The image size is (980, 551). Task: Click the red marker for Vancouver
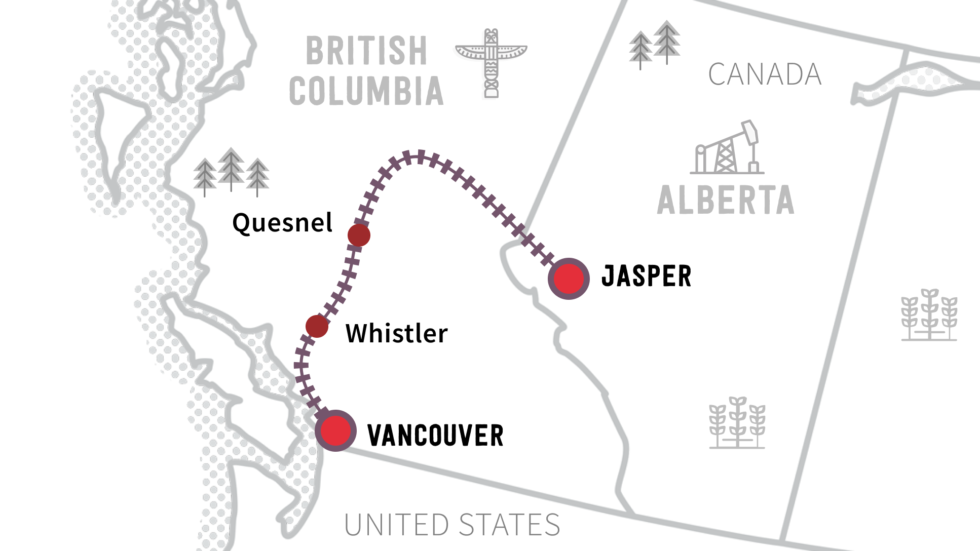pos(335,430)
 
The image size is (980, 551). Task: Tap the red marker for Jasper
pos(569,279)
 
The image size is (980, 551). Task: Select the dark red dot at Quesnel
pos(359,235)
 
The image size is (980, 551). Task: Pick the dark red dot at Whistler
pos(317,326)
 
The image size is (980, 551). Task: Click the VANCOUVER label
pos(435,436)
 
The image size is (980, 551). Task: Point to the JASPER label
pos(646,277)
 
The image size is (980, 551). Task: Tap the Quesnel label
pos(282,223)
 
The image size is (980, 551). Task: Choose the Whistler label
pos(397,333)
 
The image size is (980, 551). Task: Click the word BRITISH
pos(367,51)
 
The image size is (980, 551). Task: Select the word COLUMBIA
pos(366,92)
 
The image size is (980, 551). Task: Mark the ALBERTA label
pos(726,201)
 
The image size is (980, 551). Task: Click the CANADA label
pos(764,74)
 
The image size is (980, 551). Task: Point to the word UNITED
pos(396,525)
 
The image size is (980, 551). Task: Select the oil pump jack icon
pos(727,148)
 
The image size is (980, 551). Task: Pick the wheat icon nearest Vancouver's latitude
pos(737,423)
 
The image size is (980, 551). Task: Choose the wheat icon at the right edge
pos(929,315)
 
